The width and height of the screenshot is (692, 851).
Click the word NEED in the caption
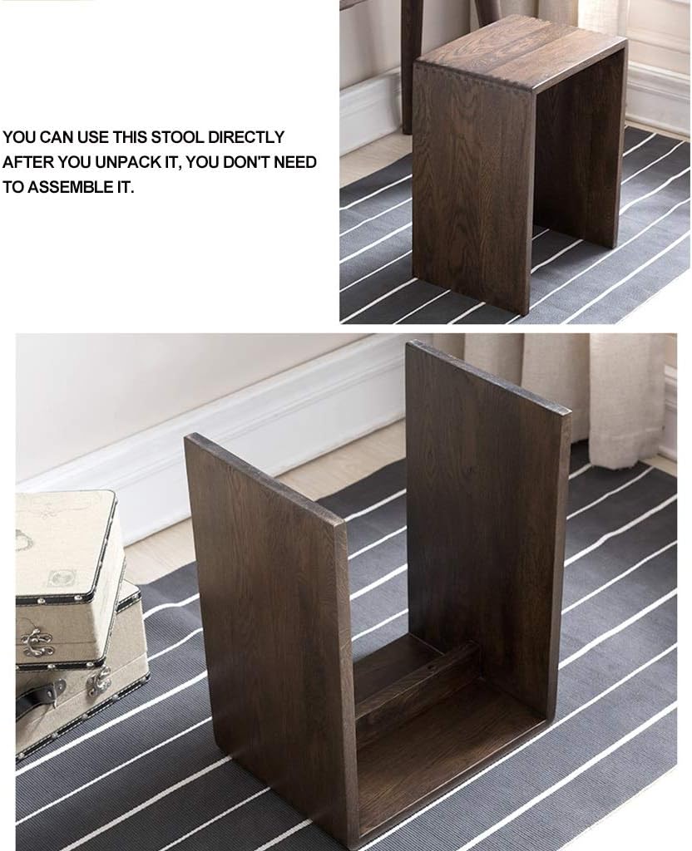point(294,162)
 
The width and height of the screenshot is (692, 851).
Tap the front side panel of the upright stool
point(472,191)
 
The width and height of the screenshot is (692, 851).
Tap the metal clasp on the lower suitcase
point(100,681)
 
